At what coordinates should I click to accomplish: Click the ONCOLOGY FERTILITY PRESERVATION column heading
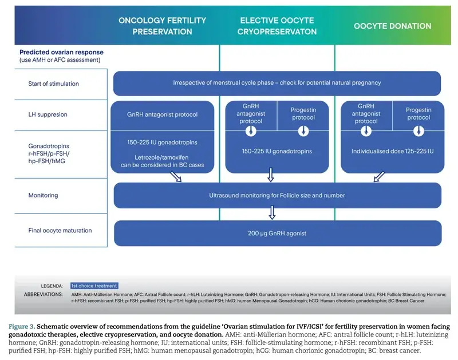click(162, 26)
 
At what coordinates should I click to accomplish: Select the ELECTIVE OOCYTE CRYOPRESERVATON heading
click(277, 26)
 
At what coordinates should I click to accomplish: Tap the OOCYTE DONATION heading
click(392, 26)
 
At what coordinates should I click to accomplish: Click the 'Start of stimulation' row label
click(53, 84)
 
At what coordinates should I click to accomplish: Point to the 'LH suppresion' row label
click(48, 114)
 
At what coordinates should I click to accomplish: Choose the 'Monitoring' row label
click(43, 195)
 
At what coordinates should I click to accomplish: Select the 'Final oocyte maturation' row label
click(60, 231)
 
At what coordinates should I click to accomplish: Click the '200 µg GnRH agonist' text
click(277, 232)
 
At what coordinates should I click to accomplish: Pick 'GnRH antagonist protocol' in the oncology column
click(162, 114)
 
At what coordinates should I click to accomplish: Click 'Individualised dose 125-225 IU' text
click(392, 151)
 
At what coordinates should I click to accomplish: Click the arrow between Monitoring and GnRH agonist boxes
click(273, 213)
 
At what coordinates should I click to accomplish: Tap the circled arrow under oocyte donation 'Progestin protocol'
click(418, 130)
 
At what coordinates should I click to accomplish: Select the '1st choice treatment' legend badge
click(94, 286)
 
